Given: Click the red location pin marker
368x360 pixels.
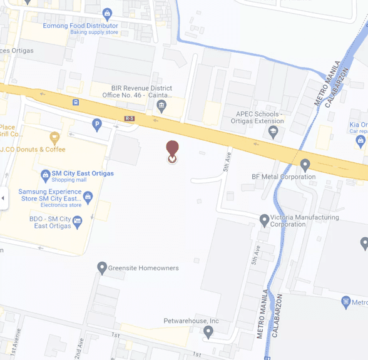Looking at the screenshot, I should tap(171, 149).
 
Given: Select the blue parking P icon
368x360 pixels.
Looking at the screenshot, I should tap(97, 125).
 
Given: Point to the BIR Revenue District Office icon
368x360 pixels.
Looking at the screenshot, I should tap(161, 105).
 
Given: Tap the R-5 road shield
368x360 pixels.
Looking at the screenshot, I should tap(130, 118).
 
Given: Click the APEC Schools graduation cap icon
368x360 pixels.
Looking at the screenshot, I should tap(272, 131).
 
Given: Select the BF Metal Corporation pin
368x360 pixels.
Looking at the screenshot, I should tap(305, 165).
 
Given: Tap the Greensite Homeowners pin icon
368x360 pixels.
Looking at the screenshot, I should tap(102, 268).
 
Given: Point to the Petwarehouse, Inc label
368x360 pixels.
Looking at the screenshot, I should tap(191, 321).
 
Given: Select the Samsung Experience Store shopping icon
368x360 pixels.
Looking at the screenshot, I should tap(88, 197).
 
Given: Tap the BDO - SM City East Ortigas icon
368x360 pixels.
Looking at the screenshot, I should tap(77, 220).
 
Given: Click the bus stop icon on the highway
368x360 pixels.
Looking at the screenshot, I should tap(76, 102).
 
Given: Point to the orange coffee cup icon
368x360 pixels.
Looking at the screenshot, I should tap(54, 137).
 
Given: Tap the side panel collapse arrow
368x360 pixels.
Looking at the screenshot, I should tap(3, 198).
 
